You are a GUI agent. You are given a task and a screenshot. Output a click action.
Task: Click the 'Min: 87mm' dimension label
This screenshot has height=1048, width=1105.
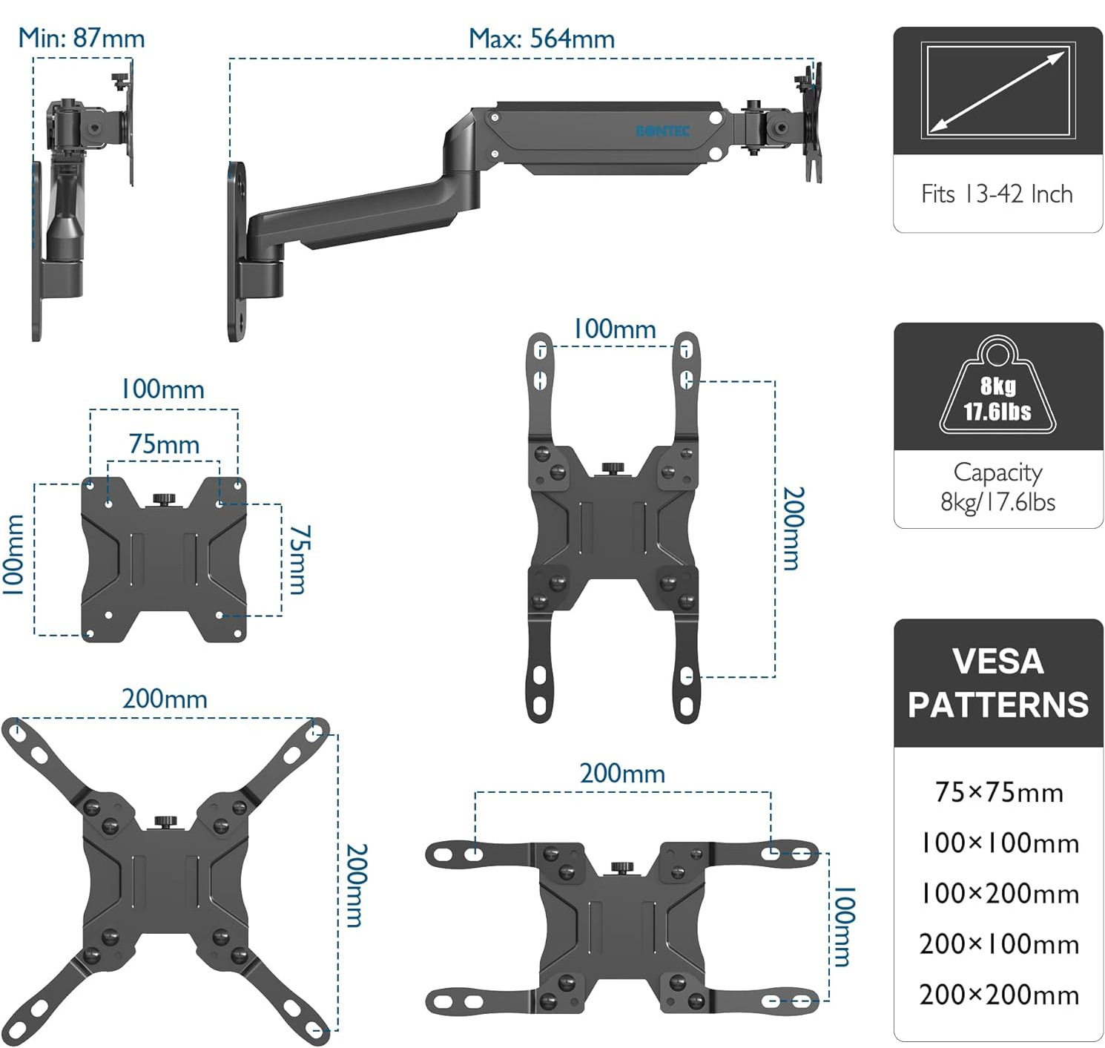click(82, 38)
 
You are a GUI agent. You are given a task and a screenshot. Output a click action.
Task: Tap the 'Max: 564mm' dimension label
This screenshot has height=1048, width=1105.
click(541, 39)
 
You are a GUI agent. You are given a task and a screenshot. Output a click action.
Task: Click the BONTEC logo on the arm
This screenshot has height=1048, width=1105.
click(663, 131)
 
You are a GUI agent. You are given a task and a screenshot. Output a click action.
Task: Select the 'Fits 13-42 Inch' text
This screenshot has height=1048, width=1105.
click(997, 194)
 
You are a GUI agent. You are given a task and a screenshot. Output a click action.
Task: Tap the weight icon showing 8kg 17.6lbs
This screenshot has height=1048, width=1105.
click(997, 389)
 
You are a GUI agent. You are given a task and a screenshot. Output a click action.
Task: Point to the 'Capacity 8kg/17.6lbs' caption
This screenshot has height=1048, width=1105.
click(997, 487)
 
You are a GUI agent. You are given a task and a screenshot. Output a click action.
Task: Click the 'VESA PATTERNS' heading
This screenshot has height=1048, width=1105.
click(997, 683)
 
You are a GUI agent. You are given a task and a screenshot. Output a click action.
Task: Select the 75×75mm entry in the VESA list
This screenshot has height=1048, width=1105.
click(999, 792)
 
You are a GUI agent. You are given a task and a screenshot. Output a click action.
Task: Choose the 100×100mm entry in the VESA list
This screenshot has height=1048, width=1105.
click(999, 843)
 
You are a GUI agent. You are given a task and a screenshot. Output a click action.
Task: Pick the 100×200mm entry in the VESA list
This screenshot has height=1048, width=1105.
click(999, 894)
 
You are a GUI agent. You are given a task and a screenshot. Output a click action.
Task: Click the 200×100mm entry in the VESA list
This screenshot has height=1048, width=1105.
click(999, 944)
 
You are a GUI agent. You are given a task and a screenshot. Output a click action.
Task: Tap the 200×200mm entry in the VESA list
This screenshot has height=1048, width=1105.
click(999, 995)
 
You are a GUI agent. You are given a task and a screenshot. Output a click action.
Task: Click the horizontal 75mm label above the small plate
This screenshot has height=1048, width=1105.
click(164, 444)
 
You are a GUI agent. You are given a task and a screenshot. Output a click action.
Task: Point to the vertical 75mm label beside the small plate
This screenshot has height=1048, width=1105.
click(298, 560)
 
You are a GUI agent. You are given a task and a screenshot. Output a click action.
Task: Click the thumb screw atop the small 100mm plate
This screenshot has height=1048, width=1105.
click(163, 499)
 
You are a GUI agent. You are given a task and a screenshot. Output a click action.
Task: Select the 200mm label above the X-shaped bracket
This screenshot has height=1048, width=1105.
click(165, 699)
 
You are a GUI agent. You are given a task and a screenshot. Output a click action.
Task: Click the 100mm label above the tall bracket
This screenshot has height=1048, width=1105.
click(615, 329)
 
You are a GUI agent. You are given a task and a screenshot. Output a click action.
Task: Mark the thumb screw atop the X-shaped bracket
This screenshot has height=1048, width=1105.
click(165, 822)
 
